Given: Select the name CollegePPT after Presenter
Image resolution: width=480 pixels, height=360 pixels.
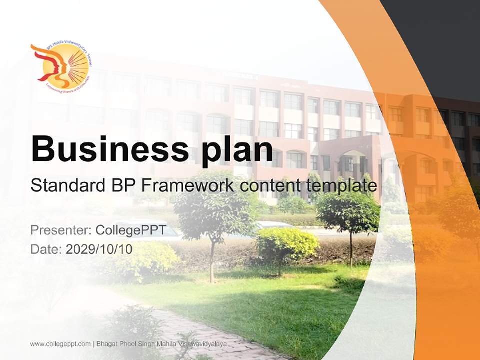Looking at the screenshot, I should click(x=130, y=230).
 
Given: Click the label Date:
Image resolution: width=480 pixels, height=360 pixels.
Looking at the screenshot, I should click(x=46, y=249).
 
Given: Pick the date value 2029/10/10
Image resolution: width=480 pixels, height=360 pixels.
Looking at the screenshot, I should click(x=99, y=249).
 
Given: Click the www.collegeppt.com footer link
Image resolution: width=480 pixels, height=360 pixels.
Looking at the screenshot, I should click(x=60, y=344).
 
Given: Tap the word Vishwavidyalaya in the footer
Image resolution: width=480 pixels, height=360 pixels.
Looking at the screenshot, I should click(x=199, y=344).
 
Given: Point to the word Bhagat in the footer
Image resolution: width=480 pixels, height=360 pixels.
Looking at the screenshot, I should click(x=108, y=344).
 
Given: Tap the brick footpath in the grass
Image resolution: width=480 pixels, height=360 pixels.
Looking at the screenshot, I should click(x=200, y=330).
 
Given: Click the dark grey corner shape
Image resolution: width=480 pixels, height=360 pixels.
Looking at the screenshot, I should click(x=440, y=40).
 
